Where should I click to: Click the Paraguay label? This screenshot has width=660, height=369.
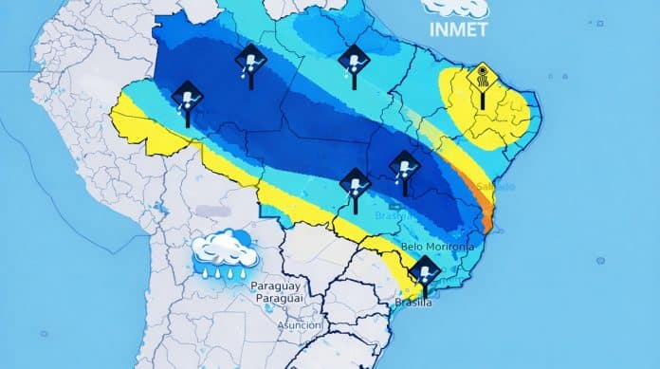(x=276, y=286)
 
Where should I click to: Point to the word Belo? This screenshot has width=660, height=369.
(x=416, y=247)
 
